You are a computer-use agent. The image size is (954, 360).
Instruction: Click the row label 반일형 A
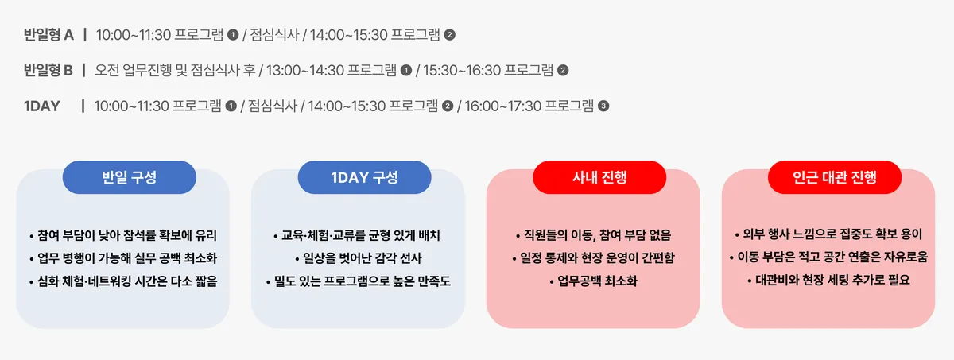(48, 35)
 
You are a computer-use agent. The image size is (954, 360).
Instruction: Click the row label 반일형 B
(48, 70)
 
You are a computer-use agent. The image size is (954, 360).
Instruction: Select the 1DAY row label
(41, 106)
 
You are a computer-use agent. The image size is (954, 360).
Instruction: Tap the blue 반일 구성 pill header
(130, 177)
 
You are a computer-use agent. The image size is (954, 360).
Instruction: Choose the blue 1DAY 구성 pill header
(365, 177)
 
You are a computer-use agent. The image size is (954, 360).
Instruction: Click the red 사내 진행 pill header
(599, 177)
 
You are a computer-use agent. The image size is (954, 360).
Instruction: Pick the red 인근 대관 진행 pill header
(835, 177)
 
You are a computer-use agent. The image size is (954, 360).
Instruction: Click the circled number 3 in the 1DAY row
(603, 106)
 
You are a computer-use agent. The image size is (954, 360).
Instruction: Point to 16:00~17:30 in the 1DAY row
(502, 106)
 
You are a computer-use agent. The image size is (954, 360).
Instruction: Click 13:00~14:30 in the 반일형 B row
(304, 70)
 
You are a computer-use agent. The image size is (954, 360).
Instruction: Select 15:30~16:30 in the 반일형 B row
(461, 70)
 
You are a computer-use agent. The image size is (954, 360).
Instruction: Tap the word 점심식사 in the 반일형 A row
(275, 35)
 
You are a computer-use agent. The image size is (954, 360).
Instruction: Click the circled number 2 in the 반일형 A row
(450, 35)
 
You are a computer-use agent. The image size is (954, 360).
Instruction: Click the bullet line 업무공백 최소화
(593, 281)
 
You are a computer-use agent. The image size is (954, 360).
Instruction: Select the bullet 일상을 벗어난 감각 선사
(359, 257)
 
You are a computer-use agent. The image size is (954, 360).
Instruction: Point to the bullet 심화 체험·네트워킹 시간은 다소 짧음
(123, 281)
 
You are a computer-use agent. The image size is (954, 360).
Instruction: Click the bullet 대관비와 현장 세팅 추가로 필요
(828, 280)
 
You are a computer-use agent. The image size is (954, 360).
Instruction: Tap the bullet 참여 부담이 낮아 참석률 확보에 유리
(123, 235)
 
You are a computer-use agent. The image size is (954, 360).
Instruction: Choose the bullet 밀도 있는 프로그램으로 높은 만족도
(359, 281)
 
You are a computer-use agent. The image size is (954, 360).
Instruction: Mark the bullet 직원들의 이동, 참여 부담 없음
(593, 235)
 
